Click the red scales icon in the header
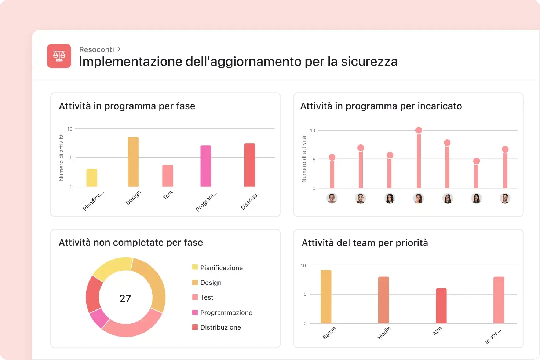tap(59, 56)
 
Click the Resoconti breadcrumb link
tap(96, 49)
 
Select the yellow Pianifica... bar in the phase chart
tap(92, 178)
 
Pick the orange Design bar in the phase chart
tap(133, 162)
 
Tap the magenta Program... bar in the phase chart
tap(206, 166)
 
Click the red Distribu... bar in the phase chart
tap(249, 165)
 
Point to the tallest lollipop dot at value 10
tap(419, 130)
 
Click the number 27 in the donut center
tap(125, 298)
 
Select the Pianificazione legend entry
tap(221, 268)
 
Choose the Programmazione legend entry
tap(226, 313)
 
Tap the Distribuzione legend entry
tap(220, 327)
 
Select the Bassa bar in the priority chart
tap(326, 297)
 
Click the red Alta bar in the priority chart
tap(441, 306)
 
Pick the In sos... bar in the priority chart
tap(499, 300)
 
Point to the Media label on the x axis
tap(384, 333)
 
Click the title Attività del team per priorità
tap(365, 243)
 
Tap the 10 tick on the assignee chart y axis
tap(313, 131)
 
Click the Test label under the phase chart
tap(168, 195)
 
